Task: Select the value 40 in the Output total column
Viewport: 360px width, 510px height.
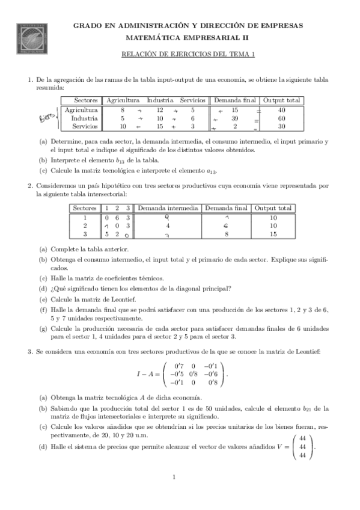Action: (x=281, y=111)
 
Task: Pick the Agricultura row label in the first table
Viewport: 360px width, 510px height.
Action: (x=81, y=111)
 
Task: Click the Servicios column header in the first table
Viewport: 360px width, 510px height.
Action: (x=193, y=100)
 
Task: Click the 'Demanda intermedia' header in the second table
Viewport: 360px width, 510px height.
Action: (x=168, y=208)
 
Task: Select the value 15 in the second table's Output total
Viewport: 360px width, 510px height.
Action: (x=273, y=234)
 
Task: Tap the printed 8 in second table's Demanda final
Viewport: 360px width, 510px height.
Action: (x=227, y=234)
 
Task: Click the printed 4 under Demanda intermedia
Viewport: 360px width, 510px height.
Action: (x=168, y=226)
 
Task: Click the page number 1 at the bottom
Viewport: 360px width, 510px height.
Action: (x=173, y=478)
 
